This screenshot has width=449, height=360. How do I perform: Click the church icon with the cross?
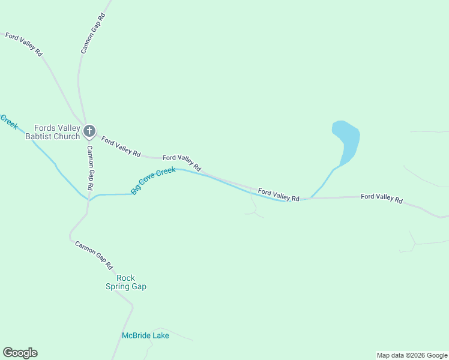89,130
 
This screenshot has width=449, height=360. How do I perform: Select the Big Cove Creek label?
153,180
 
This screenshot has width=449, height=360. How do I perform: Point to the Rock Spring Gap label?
126,282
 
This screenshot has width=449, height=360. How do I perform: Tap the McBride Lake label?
145,335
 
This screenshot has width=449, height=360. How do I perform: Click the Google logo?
20,353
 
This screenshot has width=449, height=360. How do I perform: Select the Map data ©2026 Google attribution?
412,355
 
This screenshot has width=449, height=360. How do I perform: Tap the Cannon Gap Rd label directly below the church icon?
89,168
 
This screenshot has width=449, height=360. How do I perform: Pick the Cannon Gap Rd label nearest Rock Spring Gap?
94,254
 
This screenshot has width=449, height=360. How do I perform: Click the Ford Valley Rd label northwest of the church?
24,44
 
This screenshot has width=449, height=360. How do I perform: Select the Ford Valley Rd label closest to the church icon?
121,147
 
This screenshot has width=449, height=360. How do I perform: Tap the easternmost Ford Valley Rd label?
381,198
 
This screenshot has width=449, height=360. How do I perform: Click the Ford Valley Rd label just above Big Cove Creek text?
181,162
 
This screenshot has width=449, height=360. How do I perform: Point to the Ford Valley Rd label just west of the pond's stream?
279,194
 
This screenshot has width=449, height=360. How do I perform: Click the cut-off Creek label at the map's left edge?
9,121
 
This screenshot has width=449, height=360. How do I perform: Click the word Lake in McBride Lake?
160,335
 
